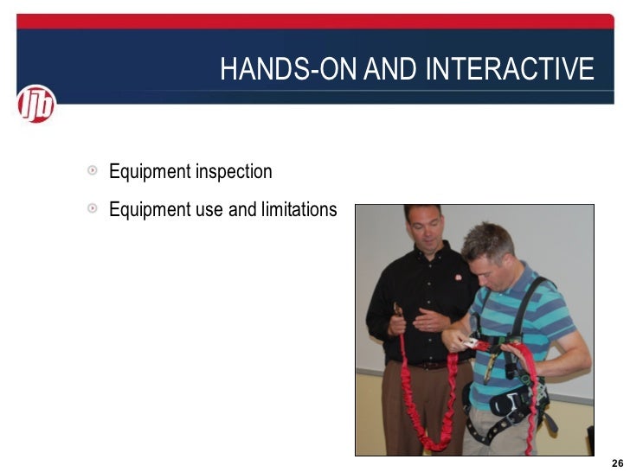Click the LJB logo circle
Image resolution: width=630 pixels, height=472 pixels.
36,105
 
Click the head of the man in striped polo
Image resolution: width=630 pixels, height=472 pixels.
489,251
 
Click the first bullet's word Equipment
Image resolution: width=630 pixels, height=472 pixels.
150,172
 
